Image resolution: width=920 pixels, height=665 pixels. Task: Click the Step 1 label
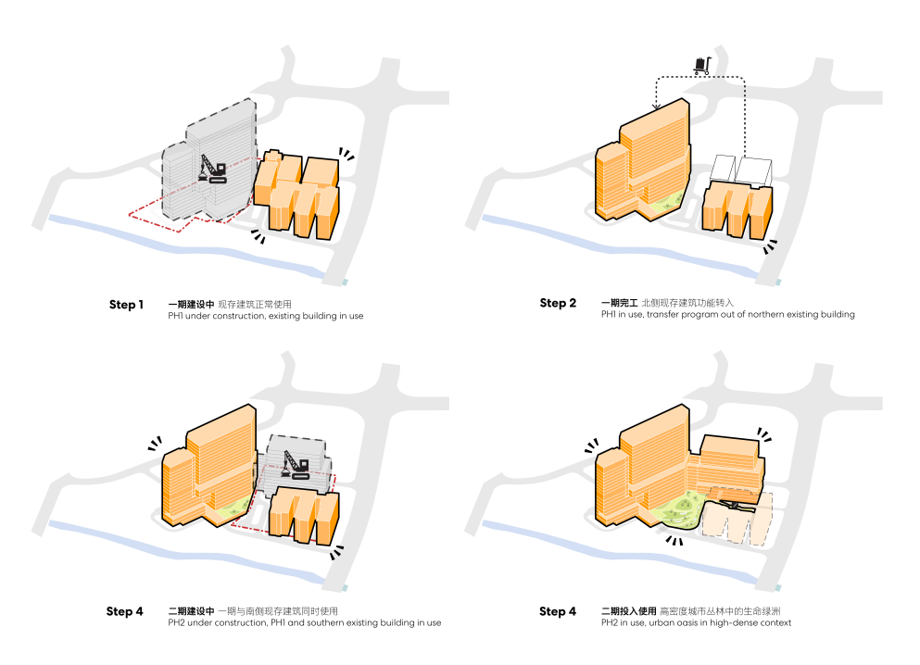click(127, 305)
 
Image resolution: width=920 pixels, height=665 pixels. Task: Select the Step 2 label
click(559, 303)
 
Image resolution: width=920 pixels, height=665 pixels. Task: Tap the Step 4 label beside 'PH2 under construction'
click(125, 611)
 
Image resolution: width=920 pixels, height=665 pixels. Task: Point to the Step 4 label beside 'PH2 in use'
click(558, 611)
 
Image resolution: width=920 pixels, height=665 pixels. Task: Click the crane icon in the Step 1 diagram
click(213, 169)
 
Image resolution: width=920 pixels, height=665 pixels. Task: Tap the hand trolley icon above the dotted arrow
click(701, 65)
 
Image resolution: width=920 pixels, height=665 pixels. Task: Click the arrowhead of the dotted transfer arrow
click(656, 107)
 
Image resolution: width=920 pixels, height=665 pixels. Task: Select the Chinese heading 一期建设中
click(191, 304)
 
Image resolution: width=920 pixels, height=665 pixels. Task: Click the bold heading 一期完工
click(618, 303)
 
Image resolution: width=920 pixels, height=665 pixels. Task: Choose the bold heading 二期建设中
click(191, 611)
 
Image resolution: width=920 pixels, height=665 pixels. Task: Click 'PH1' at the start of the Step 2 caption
click(609, 315)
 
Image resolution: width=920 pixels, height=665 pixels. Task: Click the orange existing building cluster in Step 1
click(301, 194)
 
